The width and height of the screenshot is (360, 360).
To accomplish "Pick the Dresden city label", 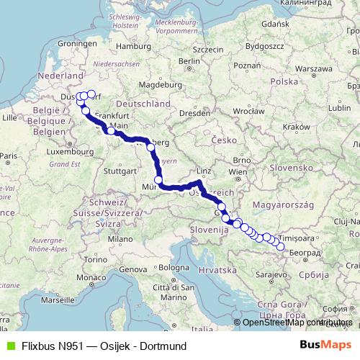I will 195,112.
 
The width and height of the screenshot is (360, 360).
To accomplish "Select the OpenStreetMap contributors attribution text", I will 297,322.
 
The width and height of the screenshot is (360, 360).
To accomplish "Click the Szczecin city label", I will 209,50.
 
